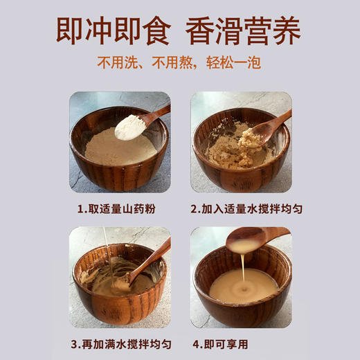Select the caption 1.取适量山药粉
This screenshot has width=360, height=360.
[x=119, y=207]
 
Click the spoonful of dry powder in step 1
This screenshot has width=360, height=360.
[x=130, y=127]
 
